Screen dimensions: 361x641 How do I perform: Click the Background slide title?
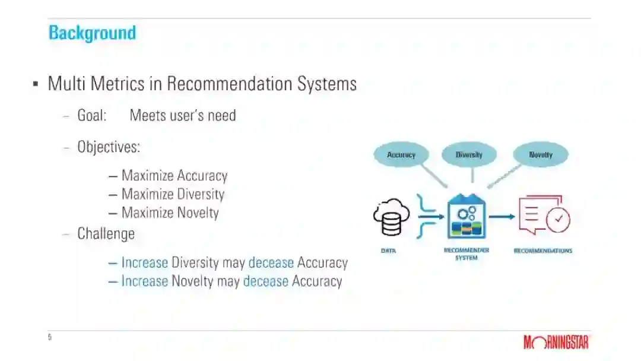coord(92,33)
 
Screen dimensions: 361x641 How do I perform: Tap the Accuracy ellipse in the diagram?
coord(401,155)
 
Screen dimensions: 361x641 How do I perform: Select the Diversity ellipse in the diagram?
coord(469,155)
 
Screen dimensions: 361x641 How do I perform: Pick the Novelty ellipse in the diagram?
coord(540,155)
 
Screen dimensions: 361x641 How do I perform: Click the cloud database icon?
coord(391,217)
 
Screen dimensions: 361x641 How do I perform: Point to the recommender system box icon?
coord(467,217)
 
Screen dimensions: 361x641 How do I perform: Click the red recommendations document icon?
coord(542,216)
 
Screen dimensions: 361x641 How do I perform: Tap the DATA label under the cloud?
coord(388,251)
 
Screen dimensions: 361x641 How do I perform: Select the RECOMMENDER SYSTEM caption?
coord(467,254)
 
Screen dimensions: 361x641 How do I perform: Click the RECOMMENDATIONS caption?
coord(542,251)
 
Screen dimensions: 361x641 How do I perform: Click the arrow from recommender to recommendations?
coord(502,217)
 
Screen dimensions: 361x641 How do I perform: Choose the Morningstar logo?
coord(556,342)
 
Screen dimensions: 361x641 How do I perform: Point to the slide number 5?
coord(50,337)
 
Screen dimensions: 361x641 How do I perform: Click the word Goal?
coord(91,115)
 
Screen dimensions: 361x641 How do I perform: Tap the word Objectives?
coord(108,147)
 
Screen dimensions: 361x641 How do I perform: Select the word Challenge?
coord(106,233)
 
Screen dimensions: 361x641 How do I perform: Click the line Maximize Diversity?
coord(172,194)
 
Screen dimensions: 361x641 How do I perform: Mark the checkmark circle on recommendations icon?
coord(558,220)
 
